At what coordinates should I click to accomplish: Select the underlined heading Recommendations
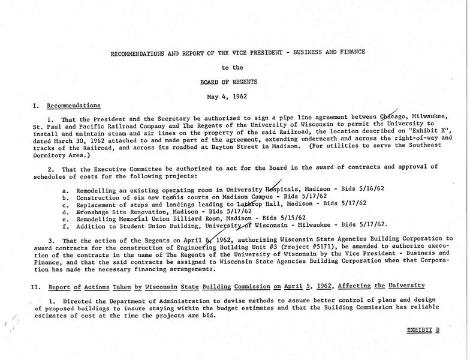73,106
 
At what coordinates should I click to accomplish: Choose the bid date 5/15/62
291,218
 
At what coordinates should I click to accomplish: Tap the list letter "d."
65,211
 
